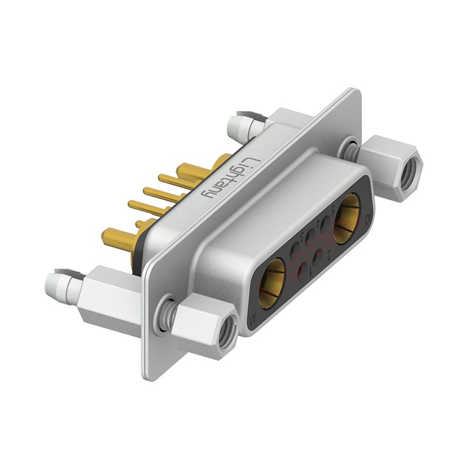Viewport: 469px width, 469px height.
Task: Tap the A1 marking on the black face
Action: pos(253,318)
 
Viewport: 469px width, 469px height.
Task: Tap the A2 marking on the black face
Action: pos(368,219)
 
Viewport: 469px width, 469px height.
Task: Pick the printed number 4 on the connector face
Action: pos(318,222)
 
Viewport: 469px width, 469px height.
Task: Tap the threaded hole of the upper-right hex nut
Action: pos(411,172)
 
